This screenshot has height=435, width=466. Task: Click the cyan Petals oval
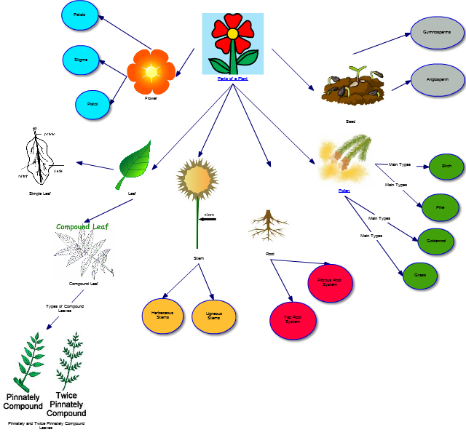(x=79, y=14)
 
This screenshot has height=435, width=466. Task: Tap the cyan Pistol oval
(x=92, y=104)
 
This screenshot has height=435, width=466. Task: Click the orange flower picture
(x=151, y=71)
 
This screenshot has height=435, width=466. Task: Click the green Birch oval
(x=446, y=167)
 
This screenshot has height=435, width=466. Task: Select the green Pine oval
(x=440, y=207)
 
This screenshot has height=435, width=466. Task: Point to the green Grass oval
(x=420, y=275)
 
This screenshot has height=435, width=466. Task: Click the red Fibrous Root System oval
(x=330, y=283)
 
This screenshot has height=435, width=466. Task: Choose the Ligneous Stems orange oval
(x=214, y=314)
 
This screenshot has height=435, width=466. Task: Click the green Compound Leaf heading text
(x=82, y=227)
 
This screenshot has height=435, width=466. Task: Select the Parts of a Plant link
(x=232, y=78)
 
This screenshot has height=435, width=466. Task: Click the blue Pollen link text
(x=344, y=190)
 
